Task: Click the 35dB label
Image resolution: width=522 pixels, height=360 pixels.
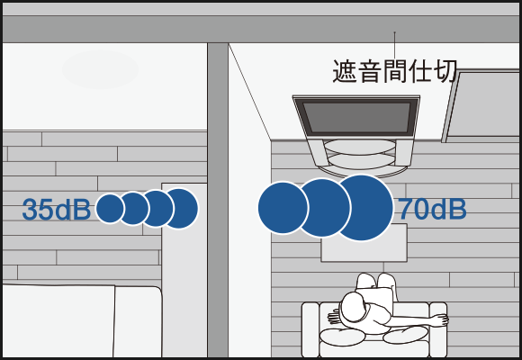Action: [57, 210]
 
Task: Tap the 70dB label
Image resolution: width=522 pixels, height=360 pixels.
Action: [432, 209]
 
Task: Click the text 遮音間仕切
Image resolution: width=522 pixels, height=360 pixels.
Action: [394, 71]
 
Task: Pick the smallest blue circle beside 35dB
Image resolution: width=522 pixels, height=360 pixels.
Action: [110, 209]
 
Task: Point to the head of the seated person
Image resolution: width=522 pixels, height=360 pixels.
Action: [353, 309]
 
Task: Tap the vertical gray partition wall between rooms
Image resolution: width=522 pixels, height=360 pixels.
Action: [218, 200]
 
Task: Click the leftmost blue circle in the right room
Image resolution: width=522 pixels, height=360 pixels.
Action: [283, 208]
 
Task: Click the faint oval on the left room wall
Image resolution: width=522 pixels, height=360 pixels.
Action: [100, 69]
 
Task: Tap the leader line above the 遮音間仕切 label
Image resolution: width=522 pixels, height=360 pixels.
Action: [395, 45]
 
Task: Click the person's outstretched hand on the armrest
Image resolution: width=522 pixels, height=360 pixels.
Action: [440, 319]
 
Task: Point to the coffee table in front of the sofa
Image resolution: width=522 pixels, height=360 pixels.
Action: [364, 243]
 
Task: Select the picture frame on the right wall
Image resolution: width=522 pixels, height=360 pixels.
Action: [482, 106]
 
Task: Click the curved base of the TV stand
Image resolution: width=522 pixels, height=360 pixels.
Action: [362, 170]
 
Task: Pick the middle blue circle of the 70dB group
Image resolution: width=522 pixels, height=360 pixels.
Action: [322, 208]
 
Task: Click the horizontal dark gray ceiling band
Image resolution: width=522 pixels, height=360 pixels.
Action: [261, 30]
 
